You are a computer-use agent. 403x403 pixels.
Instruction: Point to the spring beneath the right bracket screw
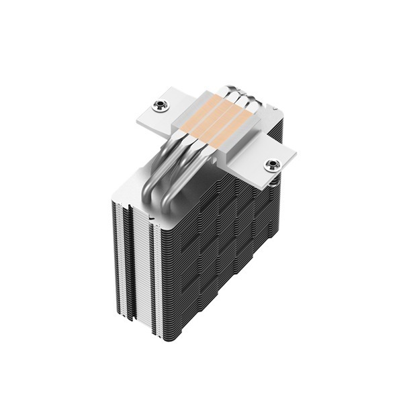(x=276, y=176)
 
